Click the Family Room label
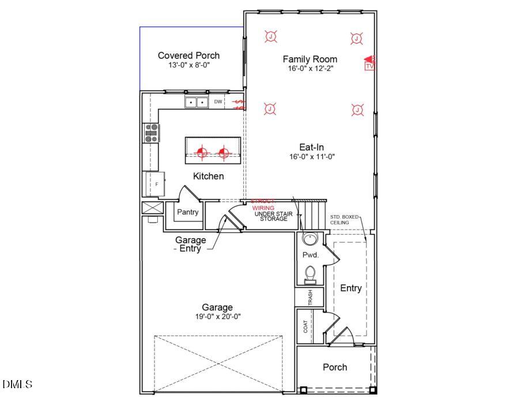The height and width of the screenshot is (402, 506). pos(309,59)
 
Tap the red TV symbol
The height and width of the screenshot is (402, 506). pos(369,63)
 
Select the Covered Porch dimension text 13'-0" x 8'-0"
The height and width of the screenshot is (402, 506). pos(188,65)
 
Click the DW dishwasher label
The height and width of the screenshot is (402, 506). pos(218,102)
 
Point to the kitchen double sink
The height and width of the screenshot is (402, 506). pos(197,102)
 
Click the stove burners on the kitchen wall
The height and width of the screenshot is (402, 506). pos(152,133)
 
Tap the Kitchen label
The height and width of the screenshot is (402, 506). pos(208,176)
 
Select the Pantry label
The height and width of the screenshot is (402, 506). pos(188,212)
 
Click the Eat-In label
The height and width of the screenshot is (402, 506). pos(311,147)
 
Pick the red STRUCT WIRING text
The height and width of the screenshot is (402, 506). pos(263,204)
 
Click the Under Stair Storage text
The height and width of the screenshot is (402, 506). pos(273,216)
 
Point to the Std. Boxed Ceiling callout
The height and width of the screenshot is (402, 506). pos(344,220)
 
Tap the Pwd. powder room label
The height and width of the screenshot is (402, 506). pos(310,254)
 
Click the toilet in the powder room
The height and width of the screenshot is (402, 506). pos(310,273)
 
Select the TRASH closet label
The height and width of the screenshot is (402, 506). pos(310,298)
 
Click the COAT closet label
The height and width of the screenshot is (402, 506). pos(305,326)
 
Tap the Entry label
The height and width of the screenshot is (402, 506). pos(350,288)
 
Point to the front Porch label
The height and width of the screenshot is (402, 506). pos(335,367)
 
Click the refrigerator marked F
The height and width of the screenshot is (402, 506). pos(156,184)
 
